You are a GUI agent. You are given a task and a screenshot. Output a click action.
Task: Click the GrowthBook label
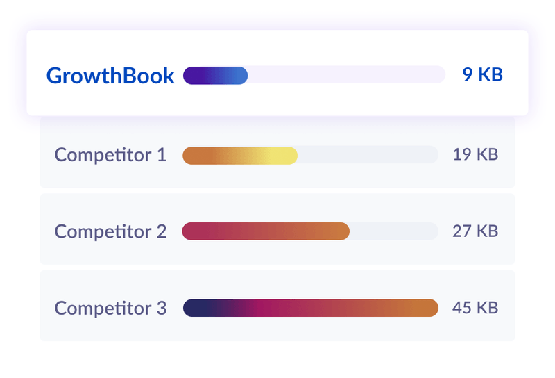pyautogui.click(x=110, y=76)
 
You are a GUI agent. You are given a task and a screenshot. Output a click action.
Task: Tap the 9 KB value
pyautogui.click(x=482, y=75)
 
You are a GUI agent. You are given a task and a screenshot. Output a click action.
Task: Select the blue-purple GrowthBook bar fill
pyautogui.click(x=215, y=75)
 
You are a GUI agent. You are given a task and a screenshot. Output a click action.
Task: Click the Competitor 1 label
pyautogui.click(x=110, y=155)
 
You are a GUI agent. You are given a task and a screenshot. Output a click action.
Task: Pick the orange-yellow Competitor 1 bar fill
pyautogui.click(x=240, y=156)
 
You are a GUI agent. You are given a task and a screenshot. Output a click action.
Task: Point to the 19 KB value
pyautogui.click(x=475, y=155)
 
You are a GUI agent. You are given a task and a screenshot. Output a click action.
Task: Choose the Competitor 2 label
pyautogui.click(x=110, y=231)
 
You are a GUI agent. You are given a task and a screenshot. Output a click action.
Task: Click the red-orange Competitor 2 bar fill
pyautogui.click(x=266, y=231)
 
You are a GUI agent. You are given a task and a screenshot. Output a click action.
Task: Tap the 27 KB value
pyautogui.click(x=475, y=231)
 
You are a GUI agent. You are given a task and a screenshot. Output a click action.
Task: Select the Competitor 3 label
pyautogui.click(x=110, y=308)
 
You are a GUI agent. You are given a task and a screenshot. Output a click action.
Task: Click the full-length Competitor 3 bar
pyautogui.click(x=311, y=308)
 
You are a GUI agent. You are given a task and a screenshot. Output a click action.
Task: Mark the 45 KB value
pyautogui.click(x=475, y=308)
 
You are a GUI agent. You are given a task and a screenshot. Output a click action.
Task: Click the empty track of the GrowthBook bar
pyautogui.click(x=347, y=75)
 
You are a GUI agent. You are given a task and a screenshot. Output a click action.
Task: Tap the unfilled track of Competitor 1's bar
pyautogui.click(x=368, y=156)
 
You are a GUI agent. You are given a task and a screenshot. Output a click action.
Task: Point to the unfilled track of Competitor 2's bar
pyautogui.click(x=393, y=231)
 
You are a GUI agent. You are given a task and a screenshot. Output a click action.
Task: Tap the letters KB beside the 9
pyautogui.click(x=490, y=75)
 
